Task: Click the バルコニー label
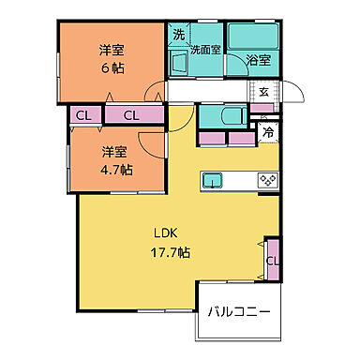click(238, 310)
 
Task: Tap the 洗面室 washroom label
click(205, 51)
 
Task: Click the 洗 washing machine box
click(178, 35)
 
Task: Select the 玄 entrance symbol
click(264, 91)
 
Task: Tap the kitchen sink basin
click(213, 179)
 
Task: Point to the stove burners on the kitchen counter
click(265, 179)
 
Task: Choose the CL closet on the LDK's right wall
click(271, 261)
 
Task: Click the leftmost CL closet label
click(83, 115)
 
